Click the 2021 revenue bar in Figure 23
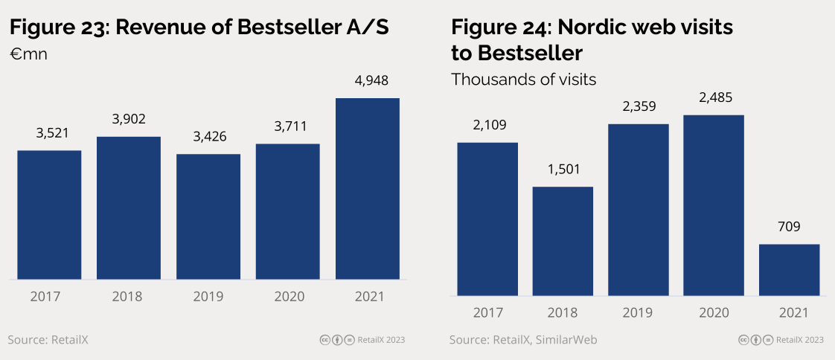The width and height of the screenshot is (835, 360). [x=368, y=189]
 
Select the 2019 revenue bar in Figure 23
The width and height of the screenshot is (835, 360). [x=208, y=216]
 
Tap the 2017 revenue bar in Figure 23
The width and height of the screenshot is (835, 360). [x=49, y=215]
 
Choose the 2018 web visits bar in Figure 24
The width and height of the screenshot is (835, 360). [x=563, y=241]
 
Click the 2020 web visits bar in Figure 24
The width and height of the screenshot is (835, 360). [x=713, y=205]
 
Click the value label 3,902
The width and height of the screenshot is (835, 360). [x=129, y=119]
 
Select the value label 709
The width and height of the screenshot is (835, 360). [x=789, y=227]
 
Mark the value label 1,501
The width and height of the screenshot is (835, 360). [x=563, y=169]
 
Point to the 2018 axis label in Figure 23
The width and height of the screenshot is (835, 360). [x=127, y=297]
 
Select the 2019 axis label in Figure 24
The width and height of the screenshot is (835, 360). [x=639, y=312]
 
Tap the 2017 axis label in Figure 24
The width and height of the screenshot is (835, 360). [x=487, y=312]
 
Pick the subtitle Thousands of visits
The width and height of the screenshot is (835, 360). [x=524, y=79]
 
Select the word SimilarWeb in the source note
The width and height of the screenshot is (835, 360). [x=566, y=340]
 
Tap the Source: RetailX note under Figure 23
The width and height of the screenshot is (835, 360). [x=48, y=340]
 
